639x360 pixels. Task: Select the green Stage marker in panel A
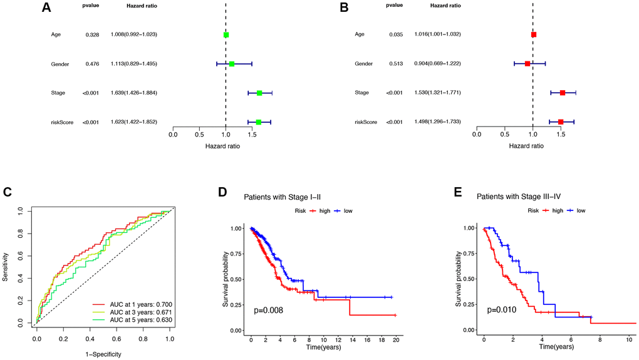(259, 93)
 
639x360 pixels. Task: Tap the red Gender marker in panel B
(527, 64)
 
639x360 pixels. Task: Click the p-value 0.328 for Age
(93, 34)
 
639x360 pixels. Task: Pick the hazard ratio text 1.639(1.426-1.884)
(132, 93)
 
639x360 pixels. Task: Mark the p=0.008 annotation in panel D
(268, 310)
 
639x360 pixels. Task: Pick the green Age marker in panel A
(226, 34)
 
